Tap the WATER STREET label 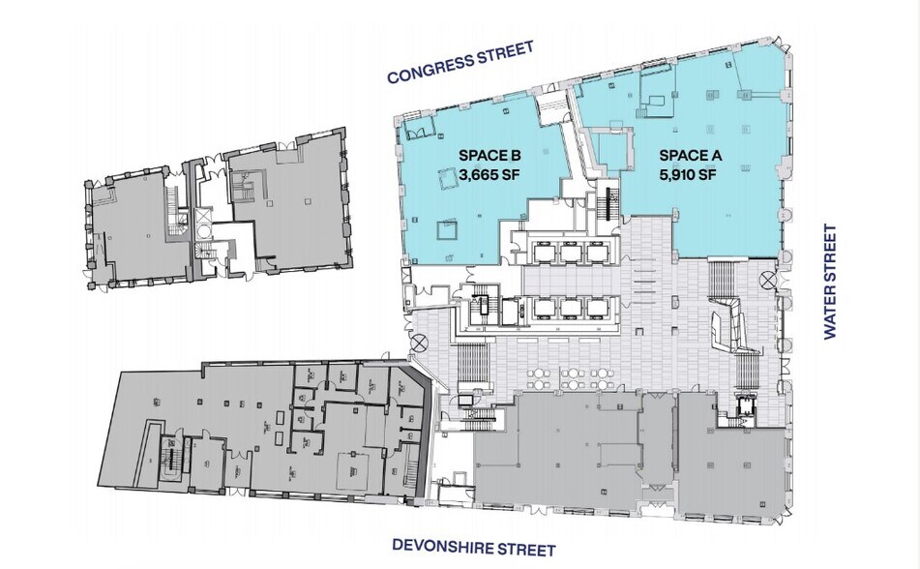tap(829, 282)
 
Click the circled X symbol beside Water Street tap(767, 280)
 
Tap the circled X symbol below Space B tap(420, 342)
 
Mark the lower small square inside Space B tap(446, 230)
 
